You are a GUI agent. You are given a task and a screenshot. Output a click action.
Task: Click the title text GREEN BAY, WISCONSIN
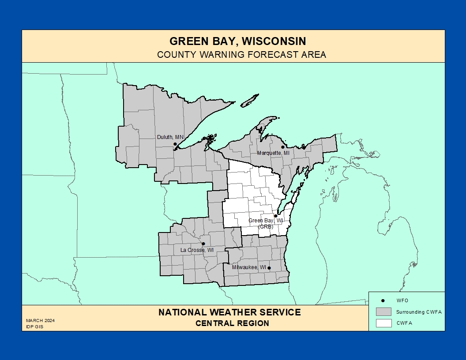coord(238,41)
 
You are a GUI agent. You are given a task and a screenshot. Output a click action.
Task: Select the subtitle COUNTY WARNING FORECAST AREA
coord(241,55)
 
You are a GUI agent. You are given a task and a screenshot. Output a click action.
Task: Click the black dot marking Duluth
coord(175,144)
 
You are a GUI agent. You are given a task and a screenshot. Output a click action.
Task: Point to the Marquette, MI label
coord(273,153)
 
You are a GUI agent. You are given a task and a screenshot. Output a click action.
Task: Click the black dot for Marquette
coord(283,147)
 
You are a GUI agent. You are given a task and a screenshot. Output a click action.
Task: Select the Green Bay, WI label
coord(265,221)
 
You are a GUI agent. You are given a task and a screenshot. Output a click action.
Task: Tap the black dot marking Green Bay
coord(276,216)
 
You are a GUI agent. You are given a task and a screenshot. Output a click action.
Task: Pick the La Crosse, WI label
coord(197,250)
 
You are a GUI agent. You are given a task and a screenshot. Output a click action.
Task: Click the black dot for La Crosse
coord(203,244)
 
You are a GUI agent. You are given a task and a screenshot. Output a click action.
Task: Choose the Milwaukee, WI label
coord(249,267)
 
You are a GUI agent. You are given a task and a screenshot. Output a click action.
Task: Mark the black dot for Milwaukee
coord(269,268)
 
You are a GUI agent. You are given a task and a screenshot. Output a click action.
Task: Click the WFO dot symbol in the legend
coord(383,300)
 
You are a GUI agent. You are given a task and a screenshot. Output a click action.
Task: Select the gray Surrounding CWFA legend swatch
coord(383,311)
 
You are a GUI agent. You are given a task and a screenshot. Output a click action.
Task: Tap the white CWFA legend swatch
coord(383,323)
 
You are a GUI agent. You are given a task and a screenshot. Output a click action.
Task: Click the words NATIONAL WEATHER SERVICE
coord(229,312)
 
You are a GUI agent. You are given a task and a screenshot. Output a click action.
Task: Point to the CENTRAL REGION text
coord(232,323)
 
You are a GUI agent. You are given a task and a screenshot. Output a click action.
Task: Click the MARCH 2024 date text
coord(40,321)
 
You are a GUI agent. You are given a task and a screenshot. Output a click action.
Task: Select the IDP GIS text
coord(34,327)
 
